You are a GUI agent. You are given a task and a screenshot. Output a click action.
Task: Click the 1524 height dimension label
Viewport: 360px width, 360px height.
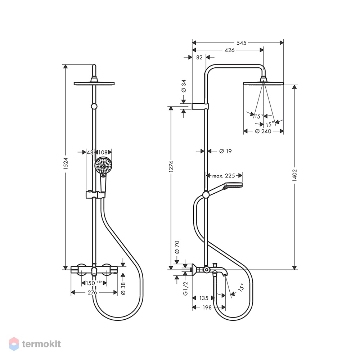(66, 163)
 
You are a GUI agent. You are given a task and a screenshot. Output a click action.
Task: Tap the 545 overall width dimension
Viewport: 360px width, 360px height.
(242, 43)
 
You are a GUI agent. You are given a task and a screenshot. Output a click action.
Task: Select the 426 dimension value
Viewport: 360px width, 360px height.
(230, 50)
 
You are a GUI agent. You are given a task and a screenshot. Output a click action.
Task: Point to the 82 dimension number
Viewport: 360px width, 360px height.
(199, 57)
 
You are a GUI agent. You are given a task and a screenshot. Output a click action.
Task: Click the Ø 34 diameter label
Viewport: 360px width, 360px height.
(184, 86)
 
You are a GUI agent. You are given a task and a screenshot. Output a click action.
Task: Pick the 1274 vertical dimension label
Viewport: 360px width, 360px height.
(171, 167)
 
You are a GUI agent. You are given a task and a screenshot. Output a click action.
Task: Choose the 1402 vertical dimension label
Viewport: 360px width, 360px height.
(295, 175)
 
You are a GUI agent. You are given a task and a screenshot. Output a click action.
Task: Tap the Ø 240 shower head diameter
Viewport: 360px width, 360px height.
(263, 131)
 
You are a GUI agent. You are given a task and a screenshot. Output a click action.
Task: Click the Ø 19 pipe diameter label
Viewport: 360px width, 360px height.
(225, 151)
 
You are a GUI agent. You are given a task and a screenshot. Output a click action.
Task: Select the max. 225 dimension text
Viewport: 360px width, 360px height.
(224, 176)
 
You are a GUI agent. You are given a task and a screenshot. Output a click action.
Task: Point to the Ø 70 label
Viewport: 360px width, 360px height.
(177, 247)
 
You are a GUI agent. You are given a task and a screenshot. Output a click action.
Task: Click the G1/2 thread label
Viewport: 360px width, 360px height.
(186, 288)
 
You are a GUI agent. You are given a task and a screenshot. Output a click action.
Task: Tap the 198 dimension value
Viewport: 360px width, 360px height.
(207, 307)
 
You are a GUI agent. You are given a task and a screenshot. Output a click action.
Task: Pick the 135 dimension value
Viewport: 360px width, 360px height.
(204, 298)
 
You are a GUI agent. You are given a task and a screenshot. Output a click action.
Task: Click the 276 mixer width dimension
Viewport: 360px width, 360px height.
(92, 292)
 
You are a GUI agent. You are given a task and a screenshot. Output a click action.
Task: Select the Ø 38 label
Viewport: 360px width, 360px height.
(123, 289)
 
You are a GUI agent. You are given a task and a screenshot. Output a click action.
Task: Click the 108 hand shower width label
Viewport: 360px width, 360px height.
(103, 152)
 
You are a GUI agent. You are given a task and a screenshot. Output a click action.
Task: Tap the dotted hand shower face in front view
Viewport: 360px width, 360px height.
(103, 165)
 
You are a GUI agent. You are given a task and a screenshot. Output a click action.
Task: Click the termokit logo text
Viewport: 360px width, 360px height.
(41, 344)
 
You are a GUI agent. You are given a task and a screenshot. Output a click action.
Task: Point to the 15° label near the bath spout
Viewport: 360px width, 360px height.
(240, 287)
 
